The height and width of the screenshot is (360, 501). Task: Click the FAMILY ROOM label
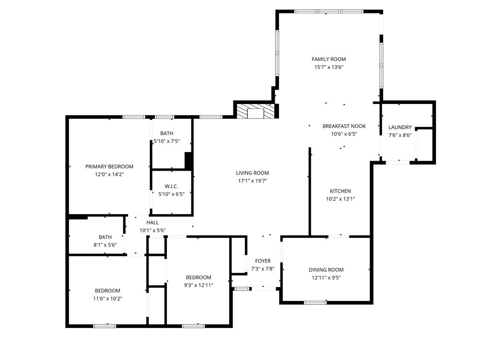[328, 59]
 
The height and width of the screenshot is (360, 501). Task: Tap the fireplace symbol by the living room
[255, 111]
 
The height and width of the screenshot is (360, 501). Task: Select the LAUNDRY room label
[400, 127]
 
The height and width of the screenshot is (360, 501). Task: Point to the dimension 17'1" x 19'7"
[252, 181]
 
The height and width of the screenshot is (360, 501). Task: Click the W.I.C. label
[171, 186]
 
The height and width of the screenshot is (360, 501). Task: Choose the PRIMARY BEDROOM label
[109, 166]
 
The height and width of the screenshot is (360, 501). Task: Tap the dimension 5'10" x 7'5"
[167, 141]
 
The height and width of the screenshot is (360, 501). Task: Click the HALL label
[152, 222]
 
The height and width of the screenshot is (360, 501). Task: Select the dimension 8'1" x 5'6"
[105, 245]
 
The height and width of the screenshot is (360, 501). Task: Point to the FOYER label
[263, 261]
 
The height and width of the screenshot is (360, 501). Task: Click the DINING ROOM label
[326, 270]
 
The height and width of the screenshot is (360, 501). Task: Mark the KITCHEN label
[340, 191]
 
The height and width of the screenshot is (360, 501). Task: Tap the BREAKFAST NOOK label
[344, 126]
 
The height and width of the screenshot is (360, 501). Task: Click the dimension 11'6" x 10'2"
[108, 299]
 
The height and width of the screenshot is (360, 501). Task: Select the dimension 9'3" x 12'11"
[198, 285]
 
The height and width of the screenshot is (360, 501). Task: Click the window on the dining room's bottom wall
[315, 302]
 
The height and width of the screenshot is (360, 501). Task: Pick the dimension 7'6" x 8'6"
[400, 135]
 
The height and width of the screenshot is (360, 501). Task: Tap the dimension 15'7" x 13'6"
[329, 67]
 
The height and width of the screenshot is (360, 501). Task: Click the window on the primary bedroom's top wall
[134, 117]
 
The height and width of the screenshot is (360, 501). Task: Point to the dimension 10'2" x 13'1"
[340, 199]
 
